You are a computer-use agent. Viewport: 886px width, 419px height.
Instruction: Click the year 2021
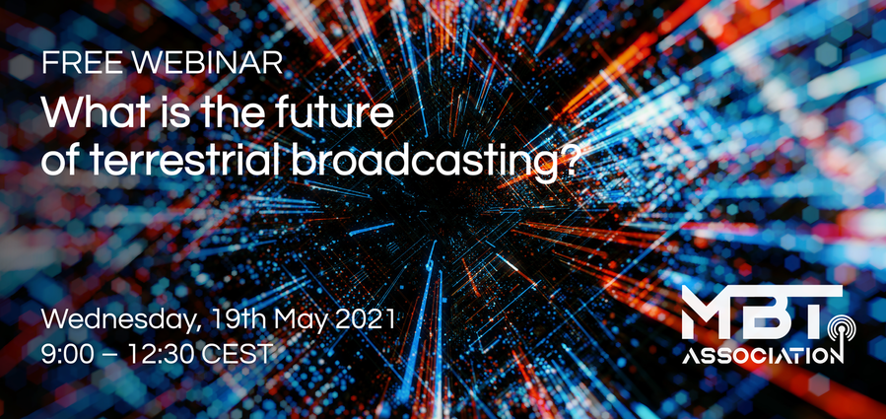click(x=365, y=320)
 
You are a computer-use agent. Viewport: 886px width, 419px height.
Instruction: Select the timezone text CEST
click(x=238, y=355)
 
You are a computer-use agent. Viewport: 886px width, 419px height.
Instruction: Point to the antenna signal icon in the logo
click(x=841, y=333)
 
